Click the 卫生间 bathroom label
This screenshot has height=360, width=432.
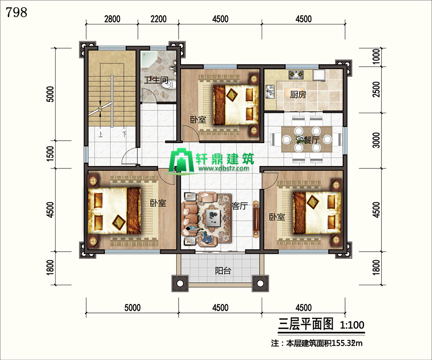[156, 80]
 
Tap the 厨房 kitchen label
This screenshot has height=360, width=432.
[298, 95]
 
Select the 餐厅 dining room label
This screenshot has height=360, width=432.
[312, 140]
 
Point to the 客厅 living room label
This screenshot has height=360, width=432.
[240, 206]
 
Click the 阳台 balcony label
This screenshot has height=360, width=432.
[223, 271]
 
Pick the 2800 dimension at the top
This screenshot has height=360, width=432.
[112, 19]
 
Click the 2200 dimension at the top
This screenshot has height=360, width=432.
[158, 19]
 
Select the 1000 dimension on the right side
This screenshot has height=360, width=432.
[376, 57]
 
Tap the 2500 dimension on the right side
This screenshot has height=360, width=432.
[376, 89]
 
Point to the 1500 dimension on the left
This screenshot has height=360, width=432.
[50, 154]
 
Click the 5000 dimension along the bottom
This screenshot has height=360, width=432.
[132, 307]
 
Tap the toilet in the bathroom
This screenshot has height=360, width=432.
[168, 84]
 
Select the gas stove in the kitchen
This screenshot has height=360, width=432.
[296, 74]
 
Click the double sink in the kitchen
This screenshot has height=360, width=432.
[270, 92]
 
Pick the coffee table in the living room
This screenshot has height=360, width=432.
[214, 217]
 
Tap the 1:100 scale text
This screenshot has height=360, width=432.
[352, 325]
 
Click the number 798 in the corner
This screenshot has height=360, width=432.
[16, 12]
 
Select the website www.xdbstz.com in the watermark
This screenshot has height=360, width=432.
[223, 168]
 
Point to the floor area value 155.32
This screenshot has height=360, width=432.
[343, 344]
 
